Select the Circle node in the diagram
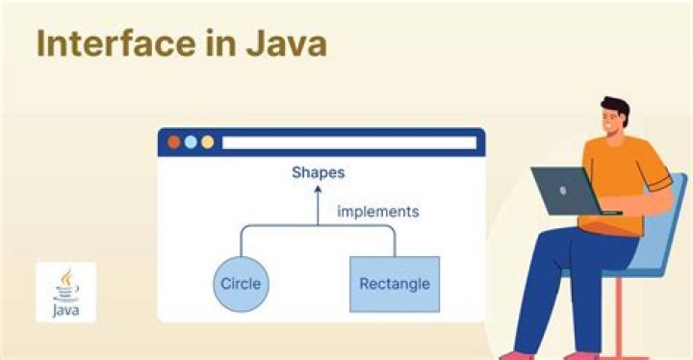coord(241,284)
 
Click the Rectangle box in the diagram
coord(394,284)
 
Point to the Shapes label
coord(318,173)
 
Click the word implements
coord(377,211)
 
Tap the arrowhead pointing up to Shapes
coord(318,191)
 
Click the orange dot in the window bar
coord(174,142)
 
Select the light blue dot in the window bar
coord(191,142)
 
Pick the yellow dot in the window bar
coord(207,142)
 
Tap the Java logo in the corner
coord(65,292)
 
